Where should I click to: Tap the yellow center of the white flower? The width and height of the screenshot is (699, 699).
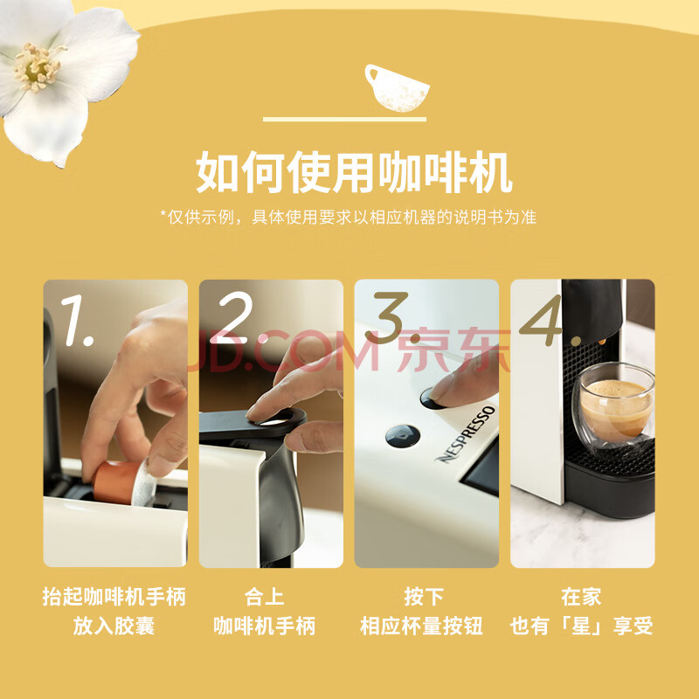pos(37,67)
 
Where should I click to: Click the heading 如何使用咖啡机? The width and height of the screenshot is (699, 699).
pos(355,172)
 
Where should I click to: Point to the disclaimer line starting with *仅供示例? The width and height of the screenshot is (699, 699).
pos(348,217)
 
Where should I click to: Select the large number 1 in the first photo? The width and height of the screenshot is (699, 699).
pos(77,320)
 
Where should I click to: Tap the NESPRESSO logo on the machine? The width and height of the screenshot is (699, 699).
pos(466,433)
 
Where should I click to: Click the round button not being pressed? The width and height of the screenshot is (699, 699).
pos(402,435)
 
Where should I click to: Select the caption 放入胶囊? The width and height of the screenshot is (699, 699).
pos(114,626)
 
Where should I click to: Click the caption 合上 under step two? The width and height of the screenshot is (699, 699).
pos(265,597)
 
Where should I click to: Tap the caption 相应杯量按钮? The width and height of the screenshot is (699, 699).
pos(421,626)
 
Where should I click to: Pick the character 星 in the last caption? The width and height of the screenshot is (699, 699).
pos(580,626)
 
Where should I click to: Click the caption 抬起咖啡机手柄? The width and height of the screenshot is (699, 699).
pos(114,597)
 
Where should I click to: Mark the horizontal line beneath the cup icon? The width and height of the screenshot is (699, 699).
pos(344,120)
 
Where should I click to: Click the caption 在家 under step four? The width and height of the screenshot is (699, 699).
pos(581,597)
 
